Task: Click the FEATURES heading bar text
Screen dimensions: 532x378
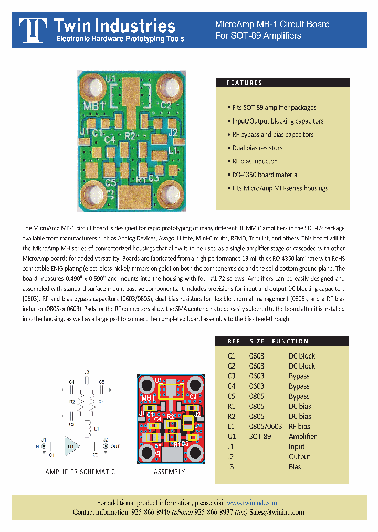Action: pyautogui.click(x=244, y=83)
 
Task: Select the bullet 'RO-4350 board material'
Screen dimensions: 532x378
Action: pyautogui.click(x=265, y=175)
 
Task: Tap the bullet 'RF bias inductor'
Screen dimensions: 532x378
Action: pyautogui.click(x=254, y=161)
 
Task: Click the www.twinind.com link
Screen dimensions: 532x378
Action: pyautogui.click(x=252, y=503)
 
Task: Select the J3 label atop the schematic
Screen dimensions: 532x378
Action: pyautogui.click(x=87, y=372)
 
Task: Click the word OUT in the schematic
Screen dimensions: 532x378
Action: pyautogui.click(x=115, y=446)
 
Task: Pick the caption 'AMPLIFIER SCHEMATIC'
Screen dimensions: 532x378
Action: pyautogui.click(x=80, y=472)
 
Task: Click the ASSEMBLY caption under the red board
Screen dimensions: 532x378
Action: pyautogui.click(x=169, y=472)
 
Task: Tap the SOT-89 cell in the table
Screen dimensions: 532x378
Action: pyautogui.click(x=260, y=437)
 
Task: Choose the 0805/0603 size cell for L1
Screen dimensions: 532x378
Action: pyautogui.click(x=266, y=426)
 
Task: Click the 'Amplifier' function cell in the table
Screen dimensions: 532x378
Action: pyautogui.click(x=302, y=437)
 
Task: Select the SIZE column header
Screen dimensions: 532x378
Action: pyautogui.click(x=257, y=341)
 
